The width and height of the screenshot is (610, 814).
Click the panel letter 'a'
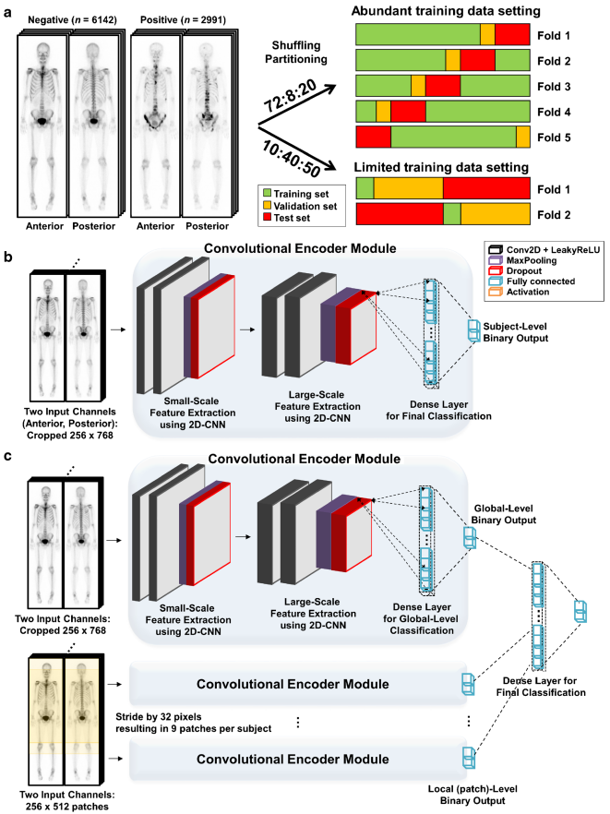click(x=9, y=10)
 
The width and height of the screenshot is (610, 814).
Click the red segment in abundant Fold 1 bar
click(x=512, y=35)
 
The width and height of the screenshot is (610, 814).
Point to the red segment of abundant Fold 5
click(x=373, y=137)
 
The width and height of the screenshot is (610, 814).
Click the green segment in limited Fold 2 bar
click(x=451, y=214)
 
